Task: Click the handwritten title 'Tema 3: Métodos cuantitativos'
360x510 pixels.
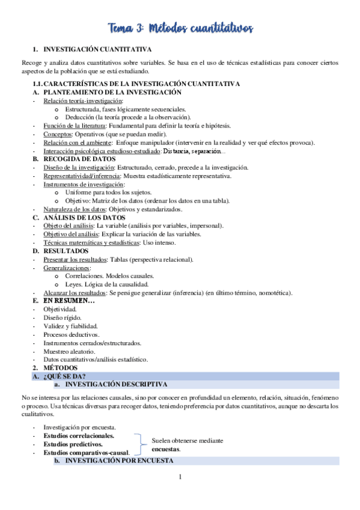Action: click(181, 28)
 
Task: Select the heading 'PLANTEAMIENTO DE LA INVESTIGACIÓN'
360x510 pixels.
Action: click(112, 92)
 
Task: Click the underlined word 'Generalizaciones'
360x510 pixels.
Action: click(67, 268)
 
